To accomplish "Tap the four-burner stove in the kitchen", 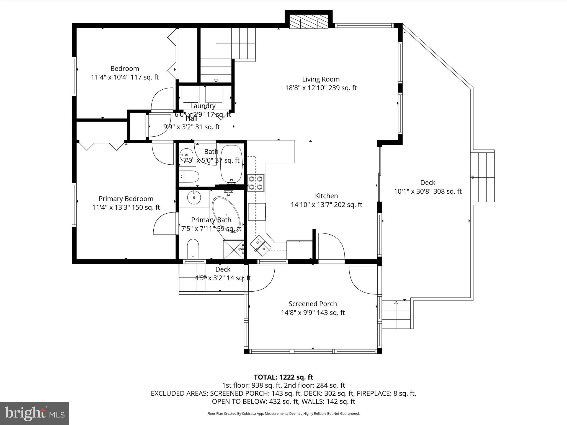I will tap(256, 183).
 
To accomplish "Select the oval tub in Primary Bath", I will tap(226, 214).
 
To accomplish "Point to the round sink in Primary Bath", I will tap(194, 197).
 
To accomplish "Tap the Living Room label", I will tap(321, 79).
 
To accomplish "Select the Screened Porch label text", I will tap(313, 304).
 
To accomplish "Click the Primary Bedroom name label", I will tap(126, 199).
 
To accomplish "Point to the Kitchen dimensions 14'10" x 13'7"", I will tap(326, 205).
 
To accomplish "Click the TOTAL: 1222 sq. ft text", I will tap(283, 377).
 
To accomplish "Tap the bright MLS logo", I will tap(35, 413).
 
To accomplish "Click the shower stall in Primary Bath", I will tap(234, 249).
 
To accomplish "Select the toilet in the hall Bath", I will tap(189, 176).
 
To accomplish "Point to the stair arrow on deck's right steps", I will tap(472, 177).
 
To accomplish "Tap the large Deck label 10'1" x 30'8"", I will tap(427, 187).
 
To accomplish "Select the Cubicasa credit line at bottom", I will tap(283, 414).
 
